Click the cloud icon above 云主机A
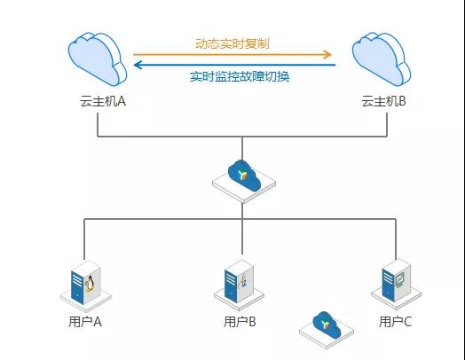[98, 59]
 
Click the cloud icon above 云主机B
[382, 59]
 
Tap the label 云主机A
[103, 101]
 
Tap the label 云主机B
[383, 101]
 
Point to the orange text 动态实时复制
[232, 43]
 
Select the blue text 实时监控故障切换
[240, 76]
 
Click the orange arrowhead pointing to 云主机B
[327, 54]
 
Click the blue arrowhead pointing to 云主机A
[138, 65]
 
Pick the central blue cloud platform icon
[244, 181]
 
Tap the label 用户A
[85, 322]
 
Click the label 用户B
[240, 322]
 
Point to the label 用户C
[395, 322]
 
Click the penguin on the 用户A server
[90, 284]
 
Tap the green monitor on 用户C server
[399, 280]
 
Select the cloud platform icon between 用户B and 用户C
[327, 330]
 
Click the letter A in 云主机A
[122, 101]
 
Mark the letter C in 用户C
[408, 322]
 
